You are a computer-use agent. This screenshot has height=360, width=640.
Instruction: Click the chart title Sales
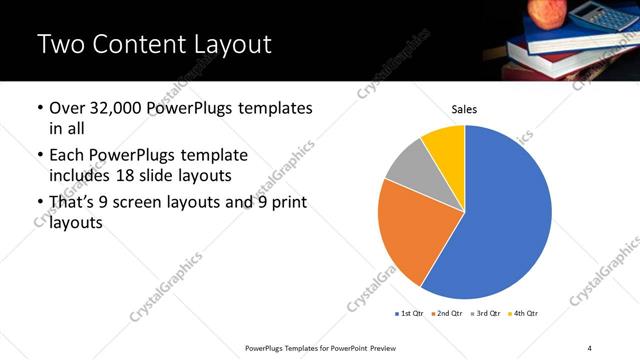click(x=464, y=108)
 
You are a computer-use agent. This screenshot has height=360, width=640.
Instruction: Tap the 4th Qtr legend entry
click(x=524, y=314)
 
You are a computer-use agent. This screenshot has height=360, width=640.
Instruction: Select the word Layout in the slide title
click(x=234, y=45)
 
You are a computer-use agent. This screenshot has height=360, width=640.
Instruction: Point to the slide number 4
click(x=589, y=347)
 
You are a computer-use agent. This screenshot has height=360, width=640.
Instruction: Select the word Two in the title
click(x=61, y=45)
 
